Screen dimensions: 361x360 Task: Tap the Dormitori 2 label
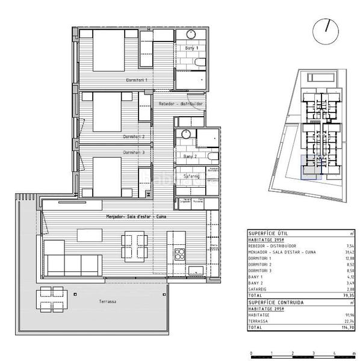[x=134, y=137]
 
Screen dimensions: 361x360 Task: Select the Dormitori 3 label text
[x=134, y=152]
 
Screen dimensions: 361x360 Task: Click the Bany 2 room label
[x=191, y=156]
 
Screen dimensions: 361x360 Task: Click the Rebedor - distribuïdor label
[x=181, y=103]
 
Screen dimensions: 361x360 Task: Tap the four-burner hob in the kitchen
[x=179, y=255]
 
